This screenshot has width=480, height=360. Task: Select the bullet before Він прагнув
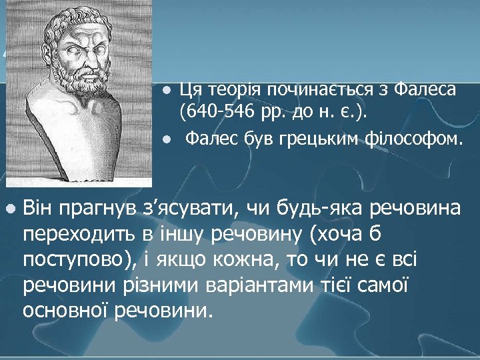pyautogui.click(x=9, y=209)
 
